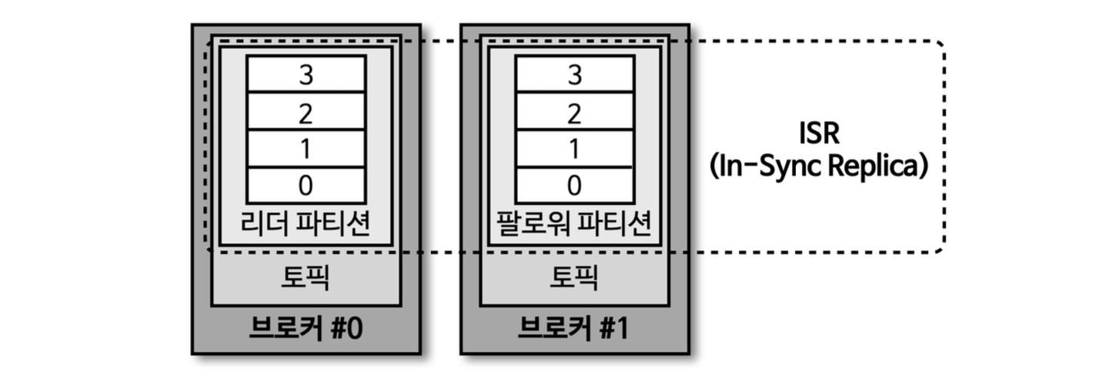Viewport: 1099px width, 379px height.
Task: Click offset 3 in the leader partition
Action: [306, 75]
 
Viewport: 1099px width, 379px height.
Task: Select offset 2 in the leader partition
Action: [306, 112]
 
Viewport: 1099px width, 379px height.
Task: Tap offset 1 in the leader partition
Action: [306, 149]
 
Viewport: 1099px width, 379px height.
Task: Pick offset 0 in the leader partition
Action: [306, 186]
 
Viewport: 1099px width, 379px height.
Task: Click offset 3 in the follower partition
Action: [574, 75]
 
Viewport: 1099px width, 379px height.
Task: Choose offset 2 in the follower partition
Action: [574, 112]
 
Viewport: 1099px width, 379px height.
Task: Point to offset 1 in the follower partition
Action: [574, 149]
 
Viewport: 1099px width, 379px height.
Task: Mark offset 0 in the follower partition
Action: [574, 186]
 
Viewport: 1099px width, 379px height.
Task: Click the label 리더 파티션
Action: [306, 224]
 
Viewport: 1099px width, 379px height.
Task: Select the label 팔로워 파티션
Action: [574, 224]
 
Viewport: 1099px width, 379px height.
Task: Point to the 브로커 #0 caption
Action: [306, 329]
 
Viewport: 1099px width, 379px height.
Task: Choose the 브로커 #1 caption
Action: [574, 329]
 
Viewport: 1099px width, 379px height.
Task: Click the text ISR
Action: [819, 132]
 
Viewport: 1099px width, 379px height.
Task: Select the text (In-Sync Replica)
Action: [819, 166]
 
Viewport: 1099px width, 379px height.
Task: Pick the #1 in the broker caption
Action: [613, 329]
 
